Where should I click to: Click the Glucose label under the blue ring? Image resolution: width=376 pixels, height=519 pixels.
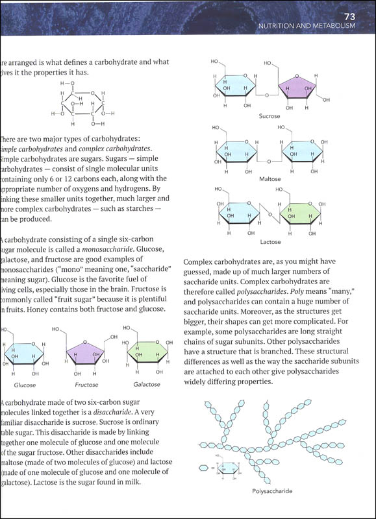coord(24,384)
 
